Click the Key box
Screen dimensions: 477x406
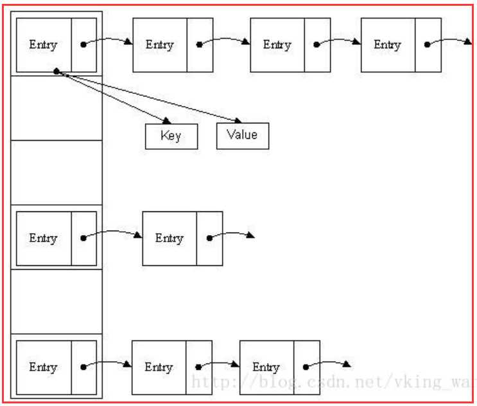(171, 136)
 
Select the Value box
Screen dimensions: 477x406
(243, 136)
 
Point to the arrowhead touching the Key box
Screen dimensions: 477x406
(167, 121)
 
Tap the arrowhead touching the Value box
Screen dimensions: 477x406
(238, 121)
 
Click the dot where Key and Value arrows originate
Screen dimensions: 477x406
(56, 71)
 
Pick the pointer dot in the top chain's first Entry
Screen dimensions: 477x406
(83, 45)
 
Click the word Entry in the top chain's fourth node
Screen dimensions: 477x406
(387, 45)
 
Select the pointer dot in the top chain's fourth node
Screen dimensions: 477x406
(427, 45)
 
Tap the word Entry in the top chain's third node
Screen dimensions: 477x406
(277, 45)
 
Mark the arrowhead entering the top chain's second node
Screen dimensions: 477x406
(128, 41)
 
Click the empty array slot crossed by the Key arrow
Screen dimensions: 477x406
(56, 108)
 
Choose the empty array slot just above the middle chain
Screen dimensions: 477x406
(56, 173)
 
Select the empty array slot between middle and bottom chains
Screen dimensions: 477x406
(56, 301)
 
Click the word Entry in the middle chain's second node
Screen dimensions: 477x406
(169, 238)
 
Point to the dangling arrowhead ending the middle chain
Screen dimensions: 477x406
(250, 234)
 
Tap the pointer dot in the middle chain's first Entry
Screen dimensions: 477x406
(83, 238)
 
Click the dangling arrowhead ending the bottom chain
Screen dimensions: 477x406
(347, 364)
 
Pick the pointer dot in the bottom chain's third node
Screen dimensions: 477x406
(306, 367)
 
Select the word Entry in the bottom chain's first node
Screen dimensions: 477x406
(43, 367)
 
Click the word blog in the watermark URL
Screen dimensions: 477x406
(277, 382)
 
